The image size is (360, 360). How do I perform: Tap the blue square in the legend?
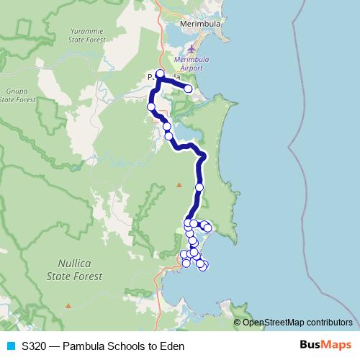(10, 346)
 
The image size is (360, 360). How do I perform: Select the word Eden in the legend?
(173, 346)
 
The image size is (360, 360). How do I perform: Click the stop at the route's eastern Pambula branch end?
(189, 89)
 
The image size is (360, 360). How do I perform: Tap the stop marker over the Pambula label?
(160, 73)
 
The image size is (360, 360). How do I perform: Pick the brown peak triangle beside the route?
(179, 184)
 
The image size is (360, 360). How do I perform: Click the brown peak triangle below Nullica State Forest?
(68, 306)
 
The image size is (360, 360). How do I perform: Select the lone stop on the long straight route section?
(199, 187)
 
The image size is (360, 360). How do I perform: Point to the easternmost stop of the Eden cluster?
(208, 228)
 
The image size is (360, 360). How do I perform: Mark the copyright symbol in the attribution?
(238, 322)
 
